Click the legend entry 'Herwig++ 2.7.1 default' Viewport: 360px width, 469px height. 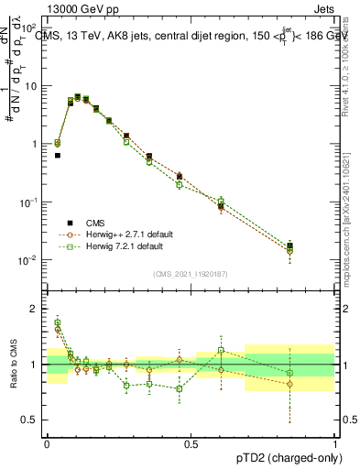118,234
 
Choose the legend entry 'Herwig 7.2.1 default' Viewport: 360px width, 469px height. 115,246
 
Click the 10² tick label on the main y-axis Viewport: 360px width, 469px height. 29,29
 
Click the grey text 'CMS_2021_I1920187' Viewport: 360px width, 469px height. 190,273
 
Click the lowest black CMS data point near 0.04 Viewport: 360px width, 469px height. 58,156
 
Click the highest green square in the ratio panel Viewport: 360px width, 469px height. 58,323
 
